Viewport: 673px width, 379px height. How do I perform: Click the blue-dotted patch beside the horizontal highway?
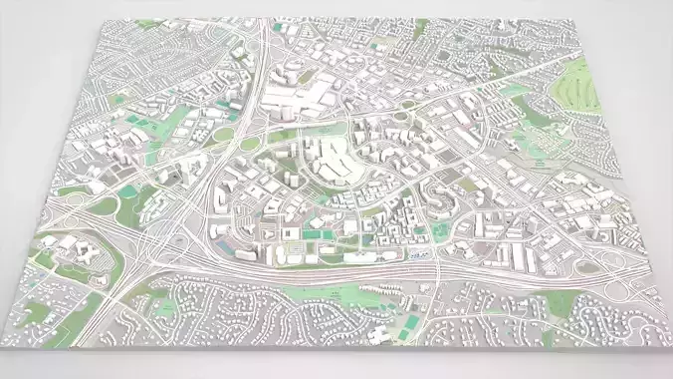coord(420,255)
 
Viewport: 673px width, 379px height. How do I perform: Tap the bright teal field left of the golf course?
coord(515,91)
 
